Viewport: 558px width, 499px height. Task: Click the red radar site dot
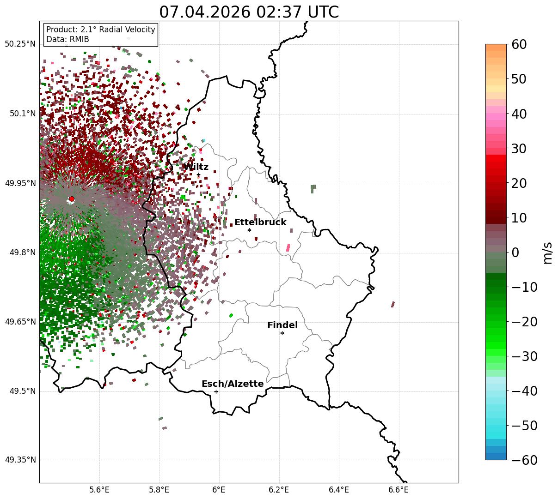click(72, 198)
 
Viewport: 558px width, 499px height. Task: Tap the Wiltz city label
click(196, 167)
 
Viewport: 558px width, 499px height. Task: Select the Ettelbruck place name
click(260, 222)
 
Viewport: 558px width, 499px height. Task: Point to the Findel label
click(282, 325)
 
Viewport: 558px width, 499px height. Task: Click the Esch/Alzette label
click(233, 384)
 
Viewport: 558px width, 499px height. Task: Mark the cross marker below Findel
click(282, 333)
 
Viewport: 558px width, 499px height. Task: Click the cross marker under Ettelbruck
click(249, 230)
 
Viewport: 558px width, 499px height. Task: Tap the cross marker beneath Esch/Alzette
click(216, 391)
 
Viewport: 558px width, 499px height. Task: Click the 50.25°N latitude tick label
click(20, 44)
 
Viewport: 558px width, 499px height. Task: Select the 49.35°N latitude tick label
click(20, 460)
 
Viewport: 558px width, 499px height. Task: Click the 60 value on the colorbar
click(519, 44)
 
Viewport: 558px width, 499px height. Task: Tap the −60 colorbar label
click(524, 460)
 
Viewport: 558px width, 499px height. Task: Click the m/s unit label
click(547, 253)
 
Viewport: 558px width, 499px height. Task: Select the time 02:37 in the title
click(279, 12)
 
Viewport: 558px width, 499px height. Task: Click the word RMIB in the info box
click(79, 39)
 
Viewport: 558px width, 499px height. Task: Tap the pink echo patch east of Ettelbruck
click(288, 247)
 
